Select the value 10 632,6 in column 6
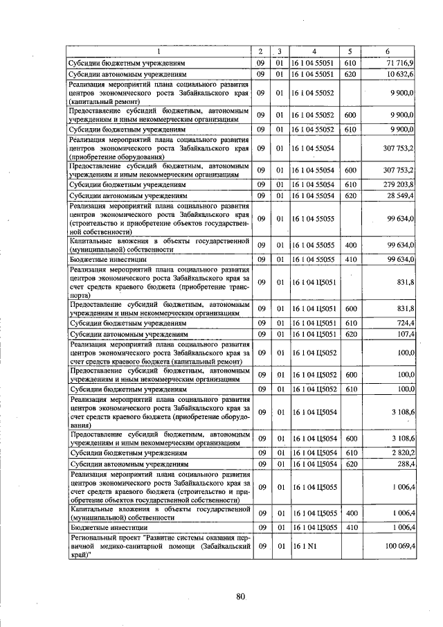point(400,73)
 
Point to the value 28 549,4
point(399,197)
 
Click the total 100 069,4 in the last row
point(397,546)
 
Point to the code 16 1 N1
point(305,546)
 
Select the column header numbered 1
point(157,52)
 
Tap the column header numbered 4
point(314,52)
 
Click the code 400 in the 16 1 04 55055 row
point(350,245)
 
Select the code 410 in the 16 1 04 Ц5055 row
point(350,528)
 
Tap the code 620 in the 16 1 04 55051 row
point(350,73)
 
